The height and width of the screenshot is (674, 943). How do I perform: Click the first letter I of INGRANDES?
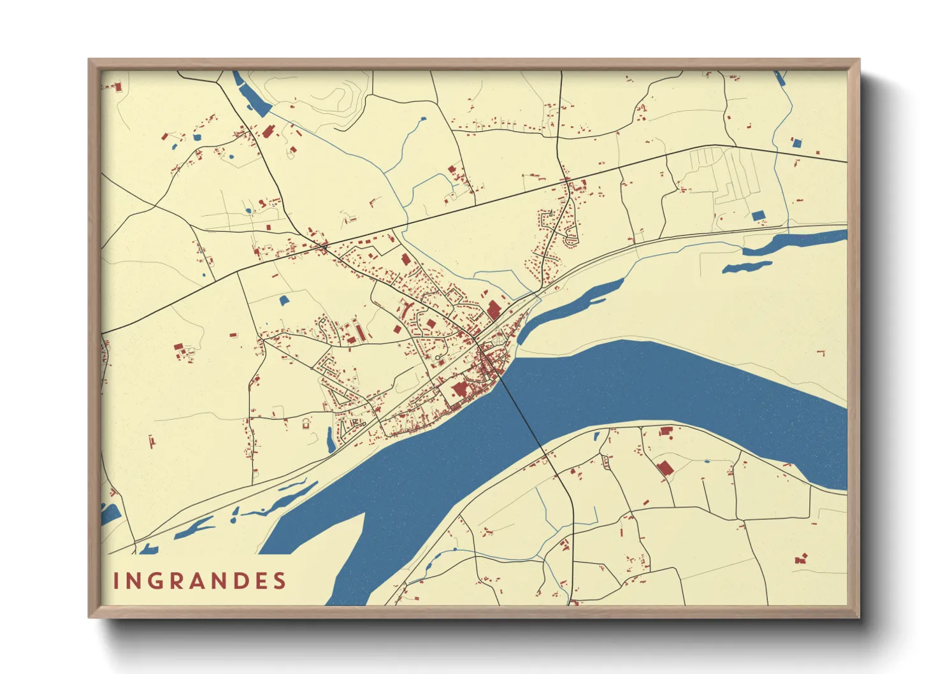pyautogui.click(x=117, y=581)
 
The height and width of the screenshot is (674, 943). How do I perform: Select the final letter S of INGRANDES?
pyautogui.click(x=279, y=581)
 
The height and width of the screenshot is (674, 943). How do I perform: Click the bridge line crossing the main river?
pyautogui.click(x=522, y=414)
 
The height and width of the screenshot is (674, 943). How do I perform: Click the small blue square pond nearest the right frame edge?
pyautogui.click(x=796, y=143)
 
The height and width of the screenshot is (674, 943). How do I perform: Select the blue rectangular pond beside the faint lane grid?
pyautogui.click(x=758, y=216)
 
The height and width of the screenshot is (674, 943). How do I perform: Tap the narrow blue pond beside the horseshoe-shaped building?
pyautogui.click(x=331, y=440)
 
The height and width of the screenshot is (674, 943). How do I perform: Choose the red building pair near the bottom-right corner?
pyautogui.click(x=801, y=559)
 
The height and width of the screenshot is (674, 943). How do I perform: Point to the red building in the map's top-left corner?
pyautogui.click(x=117, y=86)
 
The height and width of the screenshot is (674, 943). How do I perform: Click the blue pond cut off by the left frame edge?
pyautogui.click(x=110, y=513)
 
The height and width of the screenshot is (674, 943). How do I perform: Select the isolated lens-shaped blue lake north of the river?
pyautogui.click(x=747, y=267)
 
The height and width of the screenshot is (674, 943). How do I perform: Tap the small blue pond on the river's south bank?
pyautogui.click(x=597, y=436)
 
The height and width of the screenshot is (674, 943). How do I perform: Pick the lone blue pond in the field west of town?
pyautogui.click(x=284, y=299)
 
